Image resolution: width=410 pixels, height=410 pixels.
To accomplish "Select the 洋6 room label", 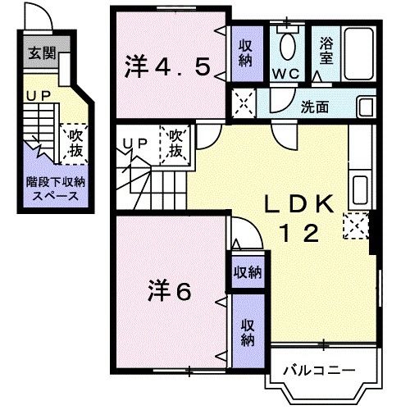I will (x=170, y=290).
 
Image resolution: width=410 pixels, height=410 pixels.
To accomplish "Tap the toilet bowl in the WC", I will (x=288, y=48).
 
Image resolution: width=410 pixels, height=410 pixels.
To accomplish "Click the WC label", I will (x=287, y=73).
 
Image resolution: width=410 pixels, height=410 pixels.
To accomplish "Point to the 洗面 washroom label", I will (x=315, y=106).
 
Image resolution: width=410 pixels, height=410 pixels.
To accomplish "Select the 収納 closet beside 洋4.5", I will (x=244, y=53).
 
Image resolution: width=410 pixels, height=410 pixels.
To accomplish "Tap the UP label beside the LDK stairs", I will (x=134, y=144).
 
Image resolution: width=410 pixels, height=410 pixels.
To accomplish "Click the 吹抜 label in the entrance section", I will (x=75, y=142).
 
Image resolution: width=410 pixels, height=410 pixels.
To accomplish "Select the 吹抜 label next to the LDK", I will (x=176, y=144).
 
